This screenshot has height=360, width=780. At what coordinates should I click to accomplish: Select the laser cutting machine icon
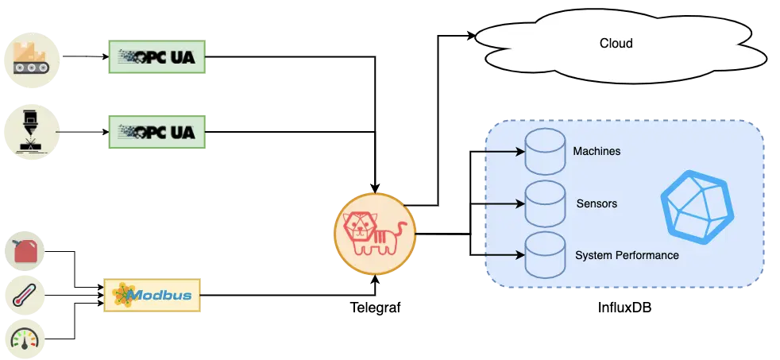coord(32,132)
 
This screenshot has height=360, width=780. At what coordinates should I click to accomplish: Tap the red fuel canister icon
coord(25,251)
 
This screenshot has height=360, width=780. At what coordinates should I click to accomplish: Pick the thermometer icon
coord(25,296)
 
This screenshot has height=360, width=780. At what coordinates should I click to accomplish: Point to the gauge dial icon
coord(25,339)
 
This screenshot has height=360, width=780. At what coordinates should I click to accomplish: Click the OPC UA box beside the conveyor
coord(157,56)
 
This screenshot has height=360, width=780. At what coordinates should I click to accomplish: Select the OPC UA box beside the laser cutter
coord(157,132)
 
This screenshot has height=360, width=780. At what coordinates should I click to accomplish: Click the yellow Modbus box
coord(152,296)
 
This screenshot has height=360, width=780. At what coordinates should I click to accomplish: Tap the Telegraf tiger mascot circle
coord(375,234)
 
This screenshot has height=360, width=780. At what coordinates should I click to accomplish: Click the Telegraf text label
coord(375,308)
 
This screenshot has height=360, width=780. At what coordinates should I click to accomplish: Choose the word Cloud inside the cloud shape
coord(616,44)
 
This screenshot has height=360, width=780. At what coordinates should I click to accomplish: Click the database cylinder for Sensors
coord(545,204)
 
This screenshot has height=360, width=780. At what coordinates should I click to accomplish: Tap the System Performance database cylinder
coord(545,255)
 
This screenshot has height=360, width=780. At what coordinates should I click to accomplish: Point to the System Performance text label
coord(627,255)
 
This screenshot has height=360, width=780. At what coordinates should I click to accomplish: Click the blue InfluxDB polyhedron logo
coord(697,207)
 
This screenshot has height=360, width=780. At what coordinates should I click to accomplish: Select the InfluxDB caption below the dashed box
coord(625,308)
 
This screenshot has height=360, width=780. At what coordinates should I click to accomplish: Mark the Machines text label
coord(597,151)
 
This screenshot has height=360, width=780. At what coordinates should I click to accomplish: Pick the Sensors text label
coord(597,203)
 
